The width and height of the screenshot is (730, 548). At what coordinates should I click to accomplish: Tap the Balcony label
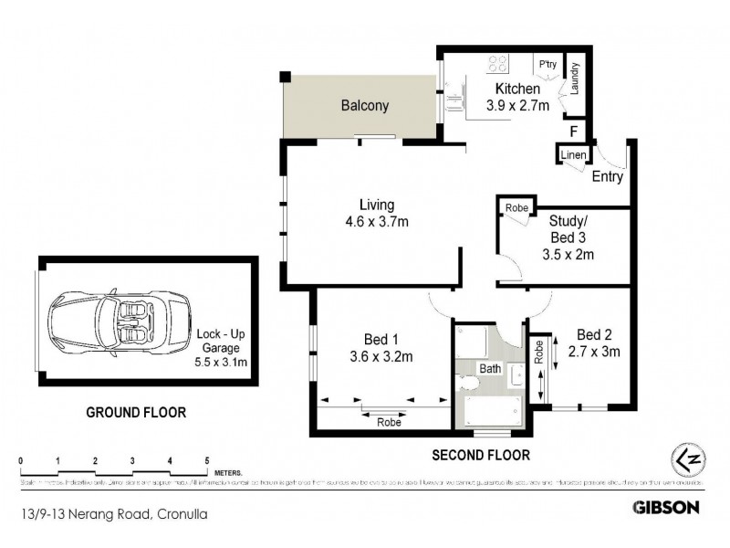click(x=365, y=106)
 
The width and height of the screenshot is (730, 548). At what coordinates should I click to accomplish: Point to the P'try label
click(x=547, y=66)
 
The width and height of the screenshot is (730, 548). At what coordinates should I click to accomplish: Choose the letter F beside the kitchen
click(x=573, y=131)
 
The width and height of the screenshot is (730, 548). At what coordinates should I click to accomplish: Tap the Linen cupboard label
click(x=573, y=155)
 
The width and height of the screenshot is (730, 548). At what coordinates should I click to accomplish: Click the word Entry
click(x=608, y=177)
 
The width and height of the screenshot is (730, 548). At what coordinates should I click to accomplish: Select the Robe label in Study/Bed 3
click(x=517, y=209)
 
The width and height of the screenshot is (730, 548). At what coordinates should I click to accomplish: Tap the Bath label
click(x=490, y=369)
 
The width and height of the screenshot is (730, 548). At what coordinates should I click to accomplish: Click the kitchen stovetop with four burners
click(x=498, y=65)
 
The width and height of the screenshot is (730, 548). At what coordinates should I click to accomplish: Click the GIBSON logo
click(x=666, y=506)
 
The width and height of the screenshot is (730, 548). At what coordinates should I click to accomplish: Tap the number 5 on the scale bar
click(x=207, y=460)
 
